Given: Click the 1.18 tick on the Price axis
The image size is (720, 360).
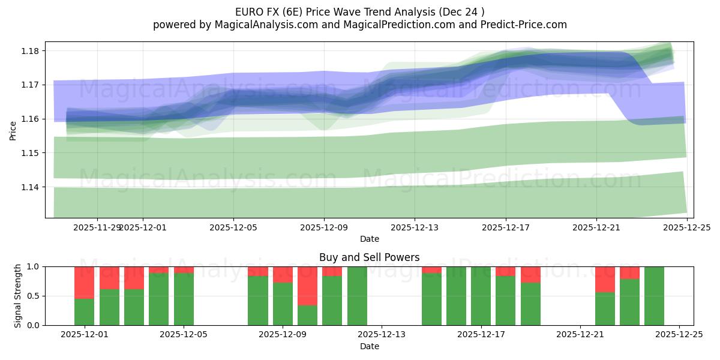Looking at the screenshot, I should (x=31, y=51).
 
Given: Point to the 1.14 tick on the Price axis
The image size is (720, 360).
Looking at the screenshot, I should (x=31, y=187).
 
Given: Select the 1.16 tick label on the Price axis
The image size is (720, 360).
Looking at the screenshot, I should (x=31, y=119).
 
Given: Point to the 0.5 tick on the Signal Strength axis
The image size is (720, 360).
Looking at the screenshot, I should (x=33, y=296).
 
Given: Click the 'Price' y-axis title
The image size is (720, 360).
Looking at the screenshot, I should (x=13, y=130).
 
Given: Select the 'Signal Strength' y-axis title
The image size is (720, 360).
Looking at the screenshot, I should (x=18, y=296).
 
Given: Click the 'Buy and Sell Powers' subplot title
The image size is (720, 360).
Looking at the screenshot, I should (x=369, y=257).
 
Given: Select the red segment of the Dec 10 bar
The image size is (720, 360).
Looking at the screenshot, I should (x=332, y=271).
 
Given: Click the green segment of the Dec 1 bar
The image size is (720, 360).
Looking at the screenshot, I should (x=84, y=311).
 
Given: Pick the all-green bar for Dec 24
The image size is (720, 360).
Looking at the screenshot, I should (x=654, y=296).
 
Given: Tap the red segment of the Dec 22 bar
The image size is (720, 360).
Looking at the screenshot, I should (x=605, y=279).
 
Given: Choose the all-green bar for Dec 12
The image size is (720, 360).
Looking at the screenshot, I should (x=357, y=296).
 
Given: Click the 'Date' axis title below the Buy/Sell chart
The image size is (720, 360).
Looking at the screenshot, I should (x=369, y=346).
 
